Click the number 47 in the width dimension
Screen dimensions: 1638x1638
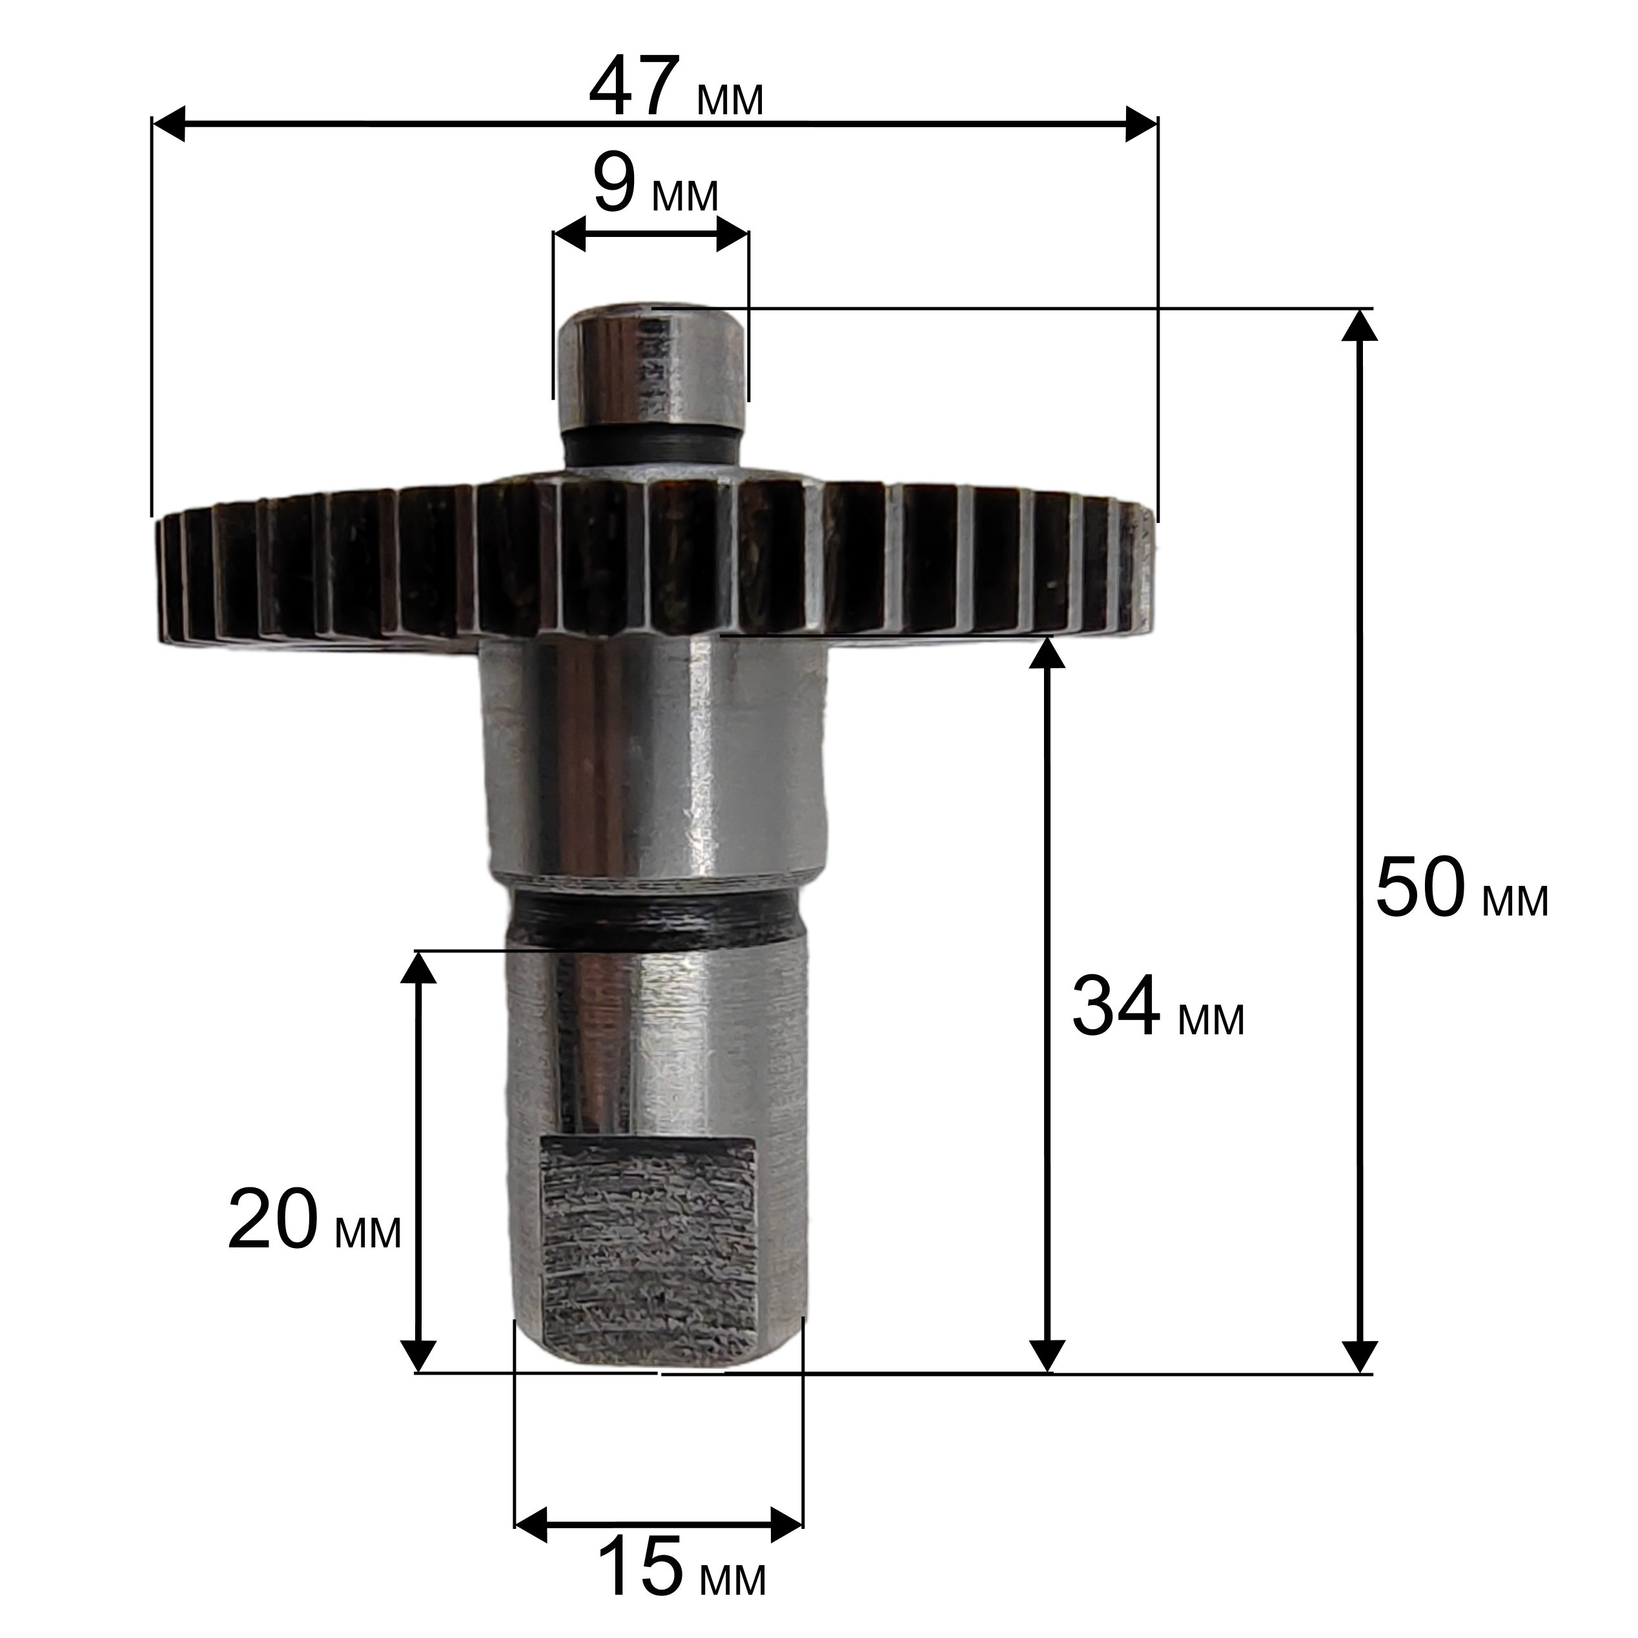[x=633, y=87]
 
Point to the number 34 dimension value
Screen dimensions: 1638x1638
[x=1116, y=1007]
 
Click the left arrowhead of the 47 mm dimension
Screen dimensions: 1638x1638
[x=168, y=125]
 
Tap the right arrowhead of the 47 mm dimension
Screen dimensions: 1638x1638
[x=1141, y=125]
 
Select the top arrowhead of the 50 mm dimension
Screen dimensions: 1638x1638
[x=1359, y=325]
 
